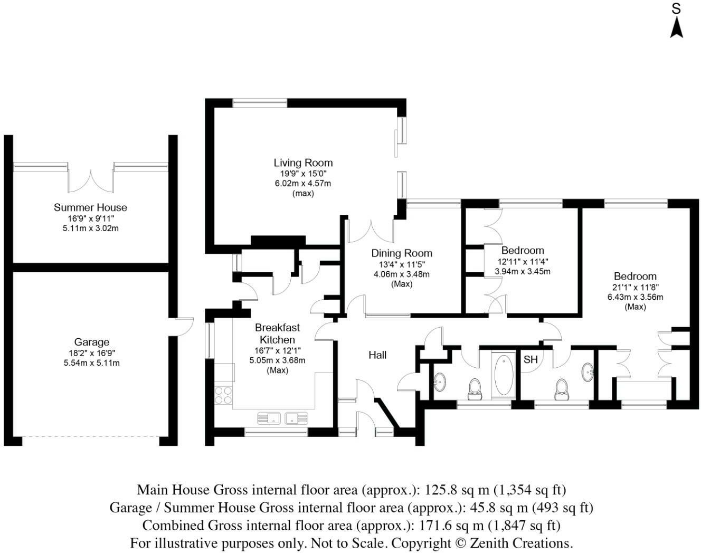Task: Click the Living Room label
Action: pyautogui.click(x=303, y=163)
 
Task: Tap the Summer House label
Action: pyautogui.click(x=90, y=207)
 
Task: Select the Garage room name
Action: pyautogui.click(x=91, y=342)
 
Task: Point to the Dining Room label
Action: pyautogui.click(x=402, y=253)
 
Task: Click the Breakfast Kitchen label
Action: pyautogui.click(x=277, y=333)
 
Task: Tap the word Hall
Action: pyautogui.click(x=377, y=355)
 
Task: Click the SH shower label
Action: pyautogui.click(x=531, y=359)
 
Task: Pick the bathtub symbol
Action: pyautogui.click(x=504, y=375)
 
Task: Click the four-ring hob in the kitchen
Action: pyautogui.click(x=223, y=395)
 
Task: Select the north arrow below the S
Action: pyautogui.click(x=676, y=32)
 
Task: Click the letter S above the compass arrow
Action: pyautogui.click(x=676, y=9)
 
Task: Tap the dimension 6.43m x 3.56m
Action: pyautogui.click(x=635, y=297)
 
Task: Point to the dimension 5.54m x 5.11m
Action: pyautogui.click(x=91, y=363)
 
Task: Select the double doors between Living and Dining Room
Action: pyautogui.click(x=371, y=231)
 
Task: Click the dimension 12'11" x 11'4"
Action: pyautogui.click(x=523, y=261)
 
